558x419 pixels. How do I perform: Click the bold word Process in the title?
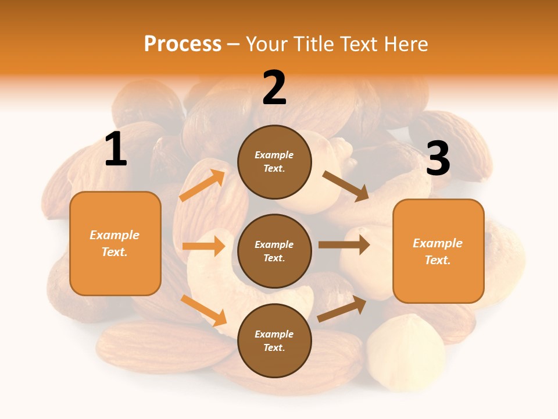tap(183, 44)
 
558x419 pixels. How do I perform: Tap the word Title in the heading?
tap(314, 44)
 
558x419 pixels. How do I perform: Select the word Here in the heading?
tap(405, 44)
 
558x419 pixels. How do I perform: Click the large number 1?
tap(116, 150)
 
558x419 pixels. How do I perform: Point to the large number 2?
tap(274, 88)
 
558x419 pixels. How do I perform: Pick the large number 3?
tap(438, 159)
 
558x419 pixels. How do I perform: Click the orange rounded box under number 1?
tap(115, 243)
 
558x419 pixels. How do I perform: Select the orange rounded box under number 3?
tap(438, 251)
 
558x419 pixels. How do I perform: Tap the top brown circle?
tap(274, 162)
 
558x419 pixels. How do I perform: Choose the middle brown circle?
tap(274, 251)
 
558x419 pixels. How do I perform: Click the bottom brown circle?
tap(274, 340)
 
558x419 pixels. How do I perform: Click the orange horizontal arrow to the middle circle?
tap(203, 246)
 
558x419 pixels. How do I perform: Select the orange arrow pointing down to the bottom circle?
tap(203, 310)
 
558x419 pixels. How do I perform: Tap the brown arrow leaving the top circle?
tap(346, 186)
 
